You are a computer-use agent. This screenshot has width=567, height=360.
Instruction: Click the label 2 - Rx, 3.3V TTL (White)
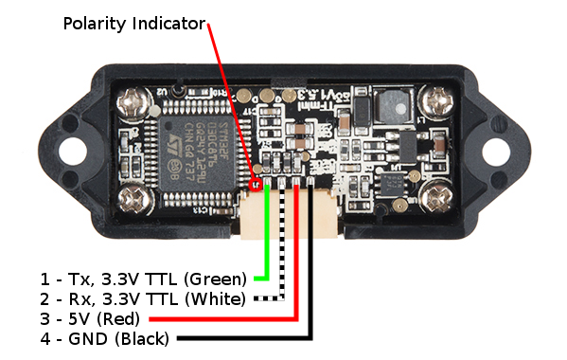tap(142, 299)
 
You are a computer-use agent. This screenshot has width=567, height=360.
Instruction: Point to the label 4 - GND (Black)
tap(104, 338)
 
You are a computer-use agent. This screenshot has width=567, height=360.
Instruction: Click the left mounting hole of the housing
tap(72, 149)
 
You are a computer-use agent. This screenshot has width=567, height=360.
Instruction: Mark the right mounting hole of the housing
tap(496, 150)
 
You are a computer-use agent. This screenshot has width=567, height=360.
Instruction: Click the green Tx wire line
tap(268, 237)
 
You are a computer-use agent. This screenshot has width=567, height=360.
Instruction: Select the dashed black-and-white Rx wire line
tap(283, 246)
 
